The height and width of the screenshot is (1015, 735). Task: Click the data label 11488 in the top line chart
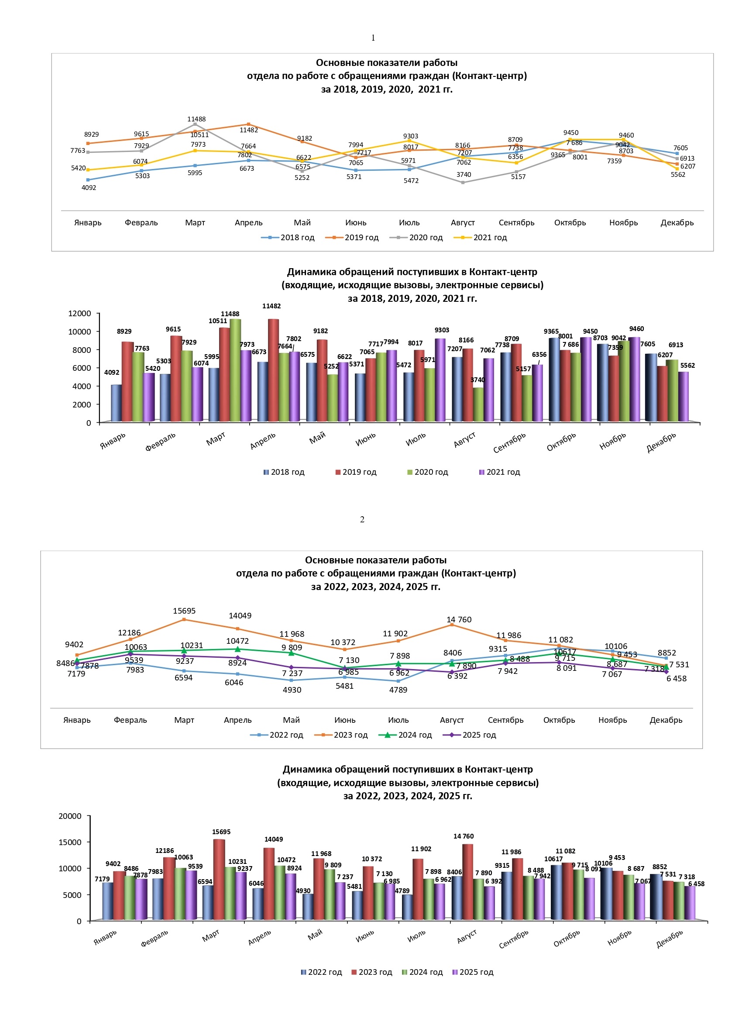(x=196, y=119)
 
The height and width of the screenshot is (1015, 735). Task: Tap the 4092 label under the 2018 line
(x=89, y=187)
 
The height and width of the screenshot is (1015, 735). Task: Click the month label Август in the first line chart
(x=463, y=222)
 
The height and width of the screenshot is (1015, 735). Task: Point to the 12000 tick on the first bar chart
(x=79, y=313)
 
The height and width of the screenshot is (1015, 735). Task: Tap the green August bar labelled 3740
(x=478, y=404)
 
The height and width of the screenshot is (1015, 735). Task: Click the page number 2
(x=362, y=519)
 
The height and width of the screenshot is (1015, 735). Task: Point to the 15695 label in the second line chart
(x=184, y=611)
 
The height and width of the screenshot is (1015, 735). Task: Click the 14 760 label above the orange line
(x=459, y=619)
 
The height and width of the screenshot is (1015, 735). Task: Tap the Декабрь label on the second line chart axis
(x=666, y=720)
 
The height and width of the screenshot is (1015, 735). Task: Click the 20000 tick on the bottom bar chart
(x=70, y=816)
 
